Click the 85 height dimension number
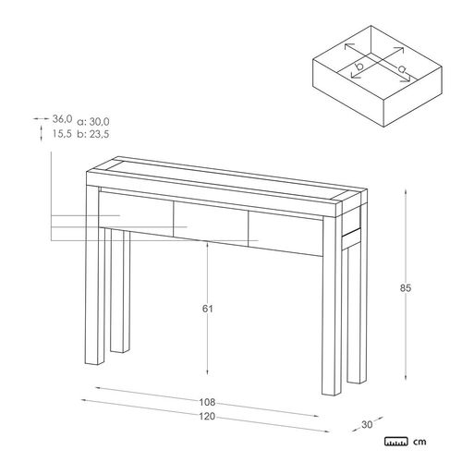click(406, 288)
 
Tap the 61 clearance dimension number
click(207, 309)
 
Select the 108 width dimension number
click(207, 402)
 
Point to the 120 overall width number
click(207, 416)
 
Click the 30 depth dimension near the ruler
click(367, 424)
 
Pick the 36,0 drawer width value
click(62, 118)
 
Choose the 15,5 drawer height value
click(62, 134)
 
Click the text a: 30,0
click(93, 122)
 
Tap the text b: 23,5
click(93, 134)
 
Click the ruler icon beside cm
click(396, 441)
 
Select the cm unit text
click(419, 442)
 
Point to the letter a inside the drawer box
click(402, 69)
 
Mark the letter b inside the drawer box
click(359, 66)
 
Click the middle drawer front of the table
click(211, 224)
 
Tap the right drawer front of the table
click(286, 235)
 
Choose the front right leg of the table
click(331, 305)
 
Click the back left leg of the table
click(119, 291)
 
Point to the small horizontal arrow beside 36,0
click(42, 118)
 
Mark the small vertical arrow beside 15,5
click(42, 133)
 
